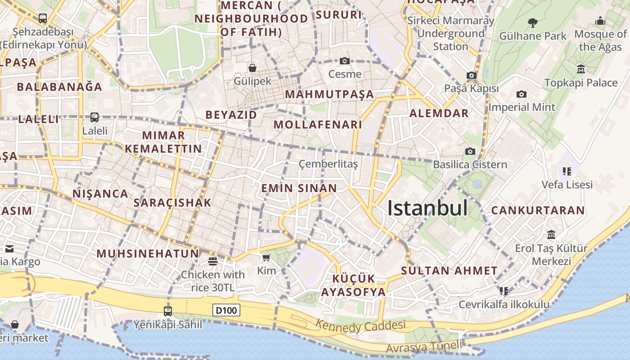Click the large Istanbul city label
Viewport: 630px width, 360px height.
[427, 208]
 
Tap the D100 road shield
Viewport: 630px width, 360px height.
[226, 310]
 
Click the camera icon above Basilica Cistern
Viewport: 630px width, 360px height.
[470, 151]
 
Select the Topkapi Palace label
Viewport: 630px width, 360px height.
[581, 83]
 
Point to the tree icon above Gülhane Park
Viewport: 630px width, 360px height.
[533, 22]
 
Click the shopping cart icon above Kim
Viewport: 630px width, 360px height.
[266, 257]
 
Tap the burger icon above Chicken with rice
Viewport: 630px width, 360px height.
[213, 261]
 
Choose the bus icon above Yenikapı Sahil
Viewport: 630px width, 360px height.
[168, 311]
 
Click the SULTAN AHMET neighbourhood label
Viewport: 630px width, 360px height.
[449, 271]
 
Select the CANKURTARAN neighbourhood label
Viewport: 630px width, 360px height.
[538, 210]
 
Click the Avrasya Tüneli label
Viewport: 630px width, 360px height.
[423, 347]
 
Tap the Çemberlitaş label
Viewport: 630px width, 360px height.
[328, 164]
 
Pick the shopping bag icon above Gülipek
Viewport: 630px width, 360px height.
[252, 68]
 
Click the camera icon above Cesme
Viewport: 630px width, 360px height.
[345, 61]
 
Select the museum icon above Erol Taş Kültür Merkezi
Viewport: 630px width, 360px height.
[551, 234]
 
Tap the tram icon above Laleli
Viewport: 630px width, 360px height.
[94, 117]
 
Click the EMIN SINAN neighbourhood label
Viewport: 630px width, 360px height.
[299, 188]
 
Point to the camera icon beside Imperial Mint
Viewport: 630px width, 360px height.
[522, 94]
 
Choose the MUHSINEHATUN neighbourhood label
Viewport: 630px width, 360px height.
[148, 253]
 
